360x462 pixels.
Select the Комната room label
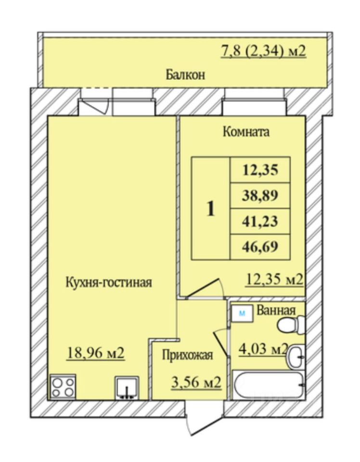click(246, 132)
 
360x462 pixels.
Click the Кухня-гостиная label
click(109, 282)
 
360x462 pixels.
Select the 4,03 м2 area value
click(263, 347)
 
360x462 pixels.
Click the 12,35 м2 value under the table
click(274, 280)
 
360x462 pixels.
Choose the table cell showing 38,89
click(260, 195)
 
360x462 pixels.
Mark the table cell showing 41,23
click(260, 221)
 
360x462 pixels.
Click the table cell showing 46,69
click(260, 247)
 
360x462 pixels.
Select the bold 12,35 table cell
click(260, 169)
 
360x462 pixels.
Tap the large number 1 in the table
click(210, 209)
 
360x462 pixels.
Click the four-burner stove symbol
click(63, 386)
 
